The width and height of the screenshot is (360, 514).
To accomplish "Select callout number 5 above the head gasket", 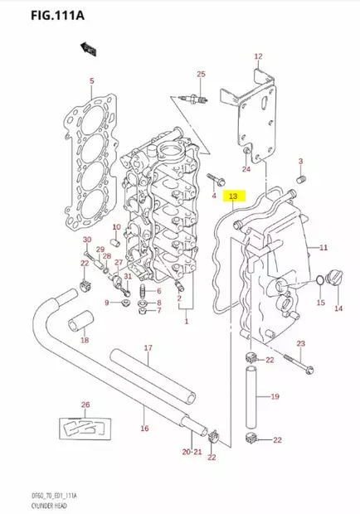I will click(x=91, y=81).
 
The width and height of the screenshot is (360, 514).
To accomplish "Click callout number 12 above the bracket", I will click(x=258, y=56).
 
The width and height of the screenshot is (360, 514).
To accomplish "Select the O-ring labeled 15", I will click(x=320, y=284).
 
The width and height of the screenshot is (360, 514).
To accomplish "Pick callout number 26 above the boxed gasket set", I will click(x=85, y=405).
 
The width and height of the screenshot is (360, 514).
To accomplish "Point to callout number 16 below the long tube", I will click(x=144, y=428).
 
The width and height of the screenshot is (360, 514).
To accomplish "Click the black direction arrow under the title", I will click(x=87, y=51).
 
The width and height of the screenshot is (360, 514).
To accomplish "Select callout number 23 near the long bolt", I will click(x=301, y=343).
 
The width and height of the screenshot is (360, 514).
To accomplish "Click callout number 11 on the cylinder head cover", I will click(x=324, y=247).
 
